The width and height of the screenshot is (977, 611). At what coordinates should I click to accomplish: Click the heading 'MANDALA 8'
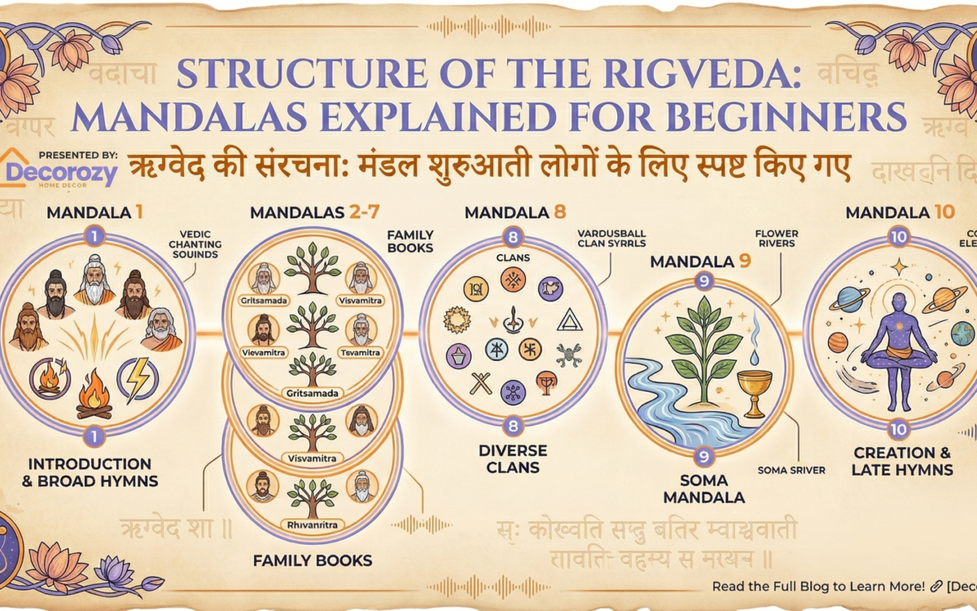(515, 213)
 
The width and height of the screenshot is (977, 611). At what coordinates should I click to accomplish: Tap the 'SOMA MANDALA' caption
(704, 489)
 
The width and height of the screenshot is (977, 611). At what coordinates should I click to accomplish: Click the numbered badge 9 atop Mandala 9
(705, 283)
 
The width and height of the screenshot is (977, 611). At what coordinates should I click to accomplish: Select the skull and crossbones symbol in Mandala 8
(567, 354)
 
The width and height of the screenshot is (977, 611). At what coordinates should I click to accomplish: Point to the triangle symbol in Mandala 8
(569, 320)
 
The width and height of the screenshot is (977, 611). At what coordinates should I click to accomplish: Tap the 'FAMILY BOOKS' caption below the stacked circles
(312, 560)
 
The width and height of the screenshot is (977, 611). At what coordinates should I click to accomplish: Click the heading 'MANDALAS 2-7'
(313, 213)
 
